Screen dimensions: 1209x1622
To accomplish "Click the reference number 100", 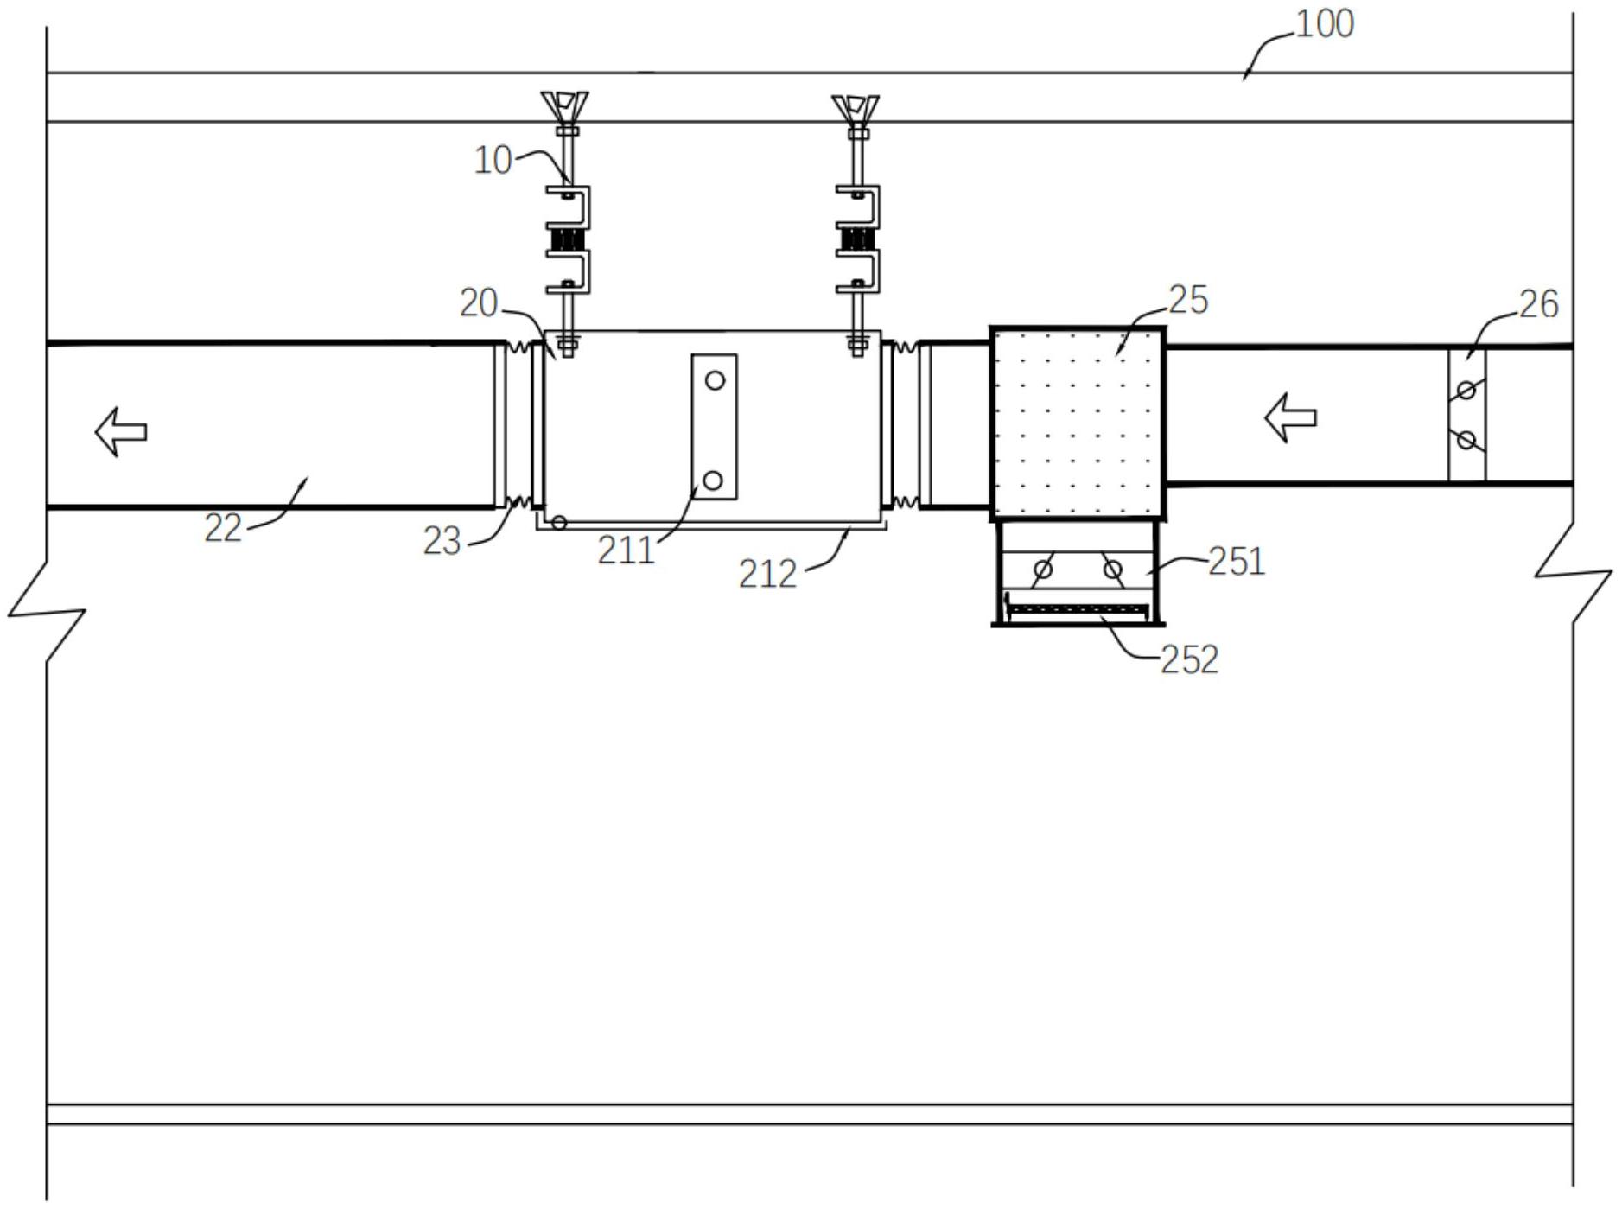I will (1324, 24).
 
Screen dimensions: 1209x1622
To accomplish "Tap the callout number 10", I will (493, 160).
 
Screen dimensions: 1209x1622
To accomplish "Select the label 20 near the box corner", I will (479, 303).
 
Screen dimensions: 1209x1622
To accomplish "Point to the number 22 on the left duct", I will (223, 528).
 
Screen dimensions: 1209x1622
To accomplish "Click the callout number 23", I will (442, 541).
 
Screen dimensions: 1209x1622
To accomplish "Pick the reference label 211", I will (626, 550).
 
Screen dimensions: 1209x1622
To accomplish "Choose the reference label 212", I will (767, 574).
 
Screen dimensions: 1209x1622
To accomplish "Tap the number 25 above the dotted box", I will (1188, 300).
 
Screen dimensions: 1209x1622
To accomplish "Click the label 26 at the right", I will (1538, 304).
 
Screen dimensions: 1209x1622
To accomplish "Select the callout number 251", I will (1237, 562).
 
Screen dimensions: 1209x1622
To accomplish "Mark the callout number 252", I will (1189, 659).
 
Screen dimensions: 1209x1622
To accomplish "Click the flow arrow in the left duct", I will (120, 431).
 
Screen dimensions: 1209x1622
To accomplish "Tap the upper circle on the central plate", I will (715, 380).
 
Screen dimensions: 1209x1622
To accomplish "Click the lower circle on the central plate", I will (713, 480).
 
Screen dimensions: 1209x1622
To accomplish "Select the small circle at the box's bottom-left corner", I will (559, 522).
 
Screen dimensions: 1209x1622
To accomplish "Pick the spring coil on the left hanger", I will (567, 239).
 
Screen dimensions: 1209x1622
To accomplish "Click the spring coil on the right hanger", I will (857, 239).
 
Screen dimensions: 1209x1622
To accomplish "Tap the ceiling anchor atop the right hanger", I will (856, 109).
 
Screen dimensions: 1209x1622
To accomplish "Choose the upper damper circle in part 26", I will (1466, 391).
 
